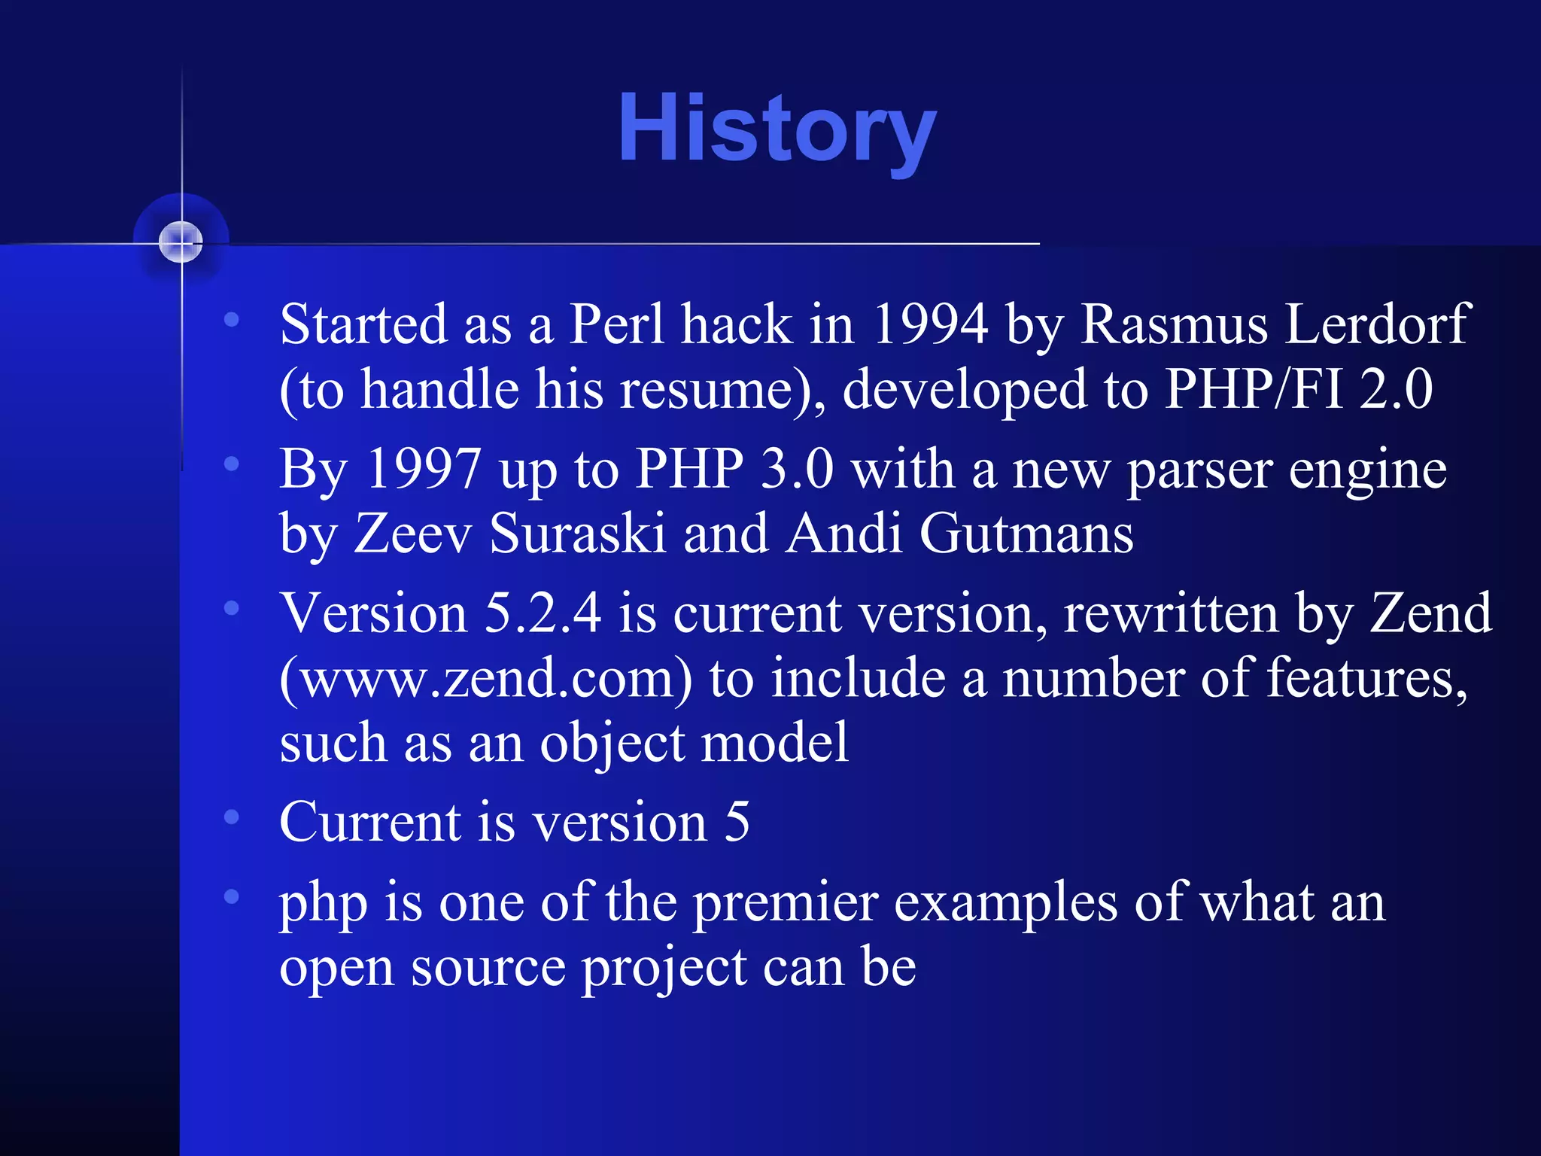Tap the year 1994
click(x=930, y=325)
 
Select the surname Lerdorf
click(x=1376, y=325)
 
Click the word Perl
click(x=617, y=325)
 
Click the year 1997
click(x=423, y=470)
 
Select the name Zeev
click(x=413, y=534)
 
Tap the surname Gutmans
click(x=1026, y=534)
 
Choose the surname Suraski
click(x=578, y=534)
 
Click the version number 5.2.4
click(x=543, y=613)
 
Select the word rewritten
click(x=1171, y=613)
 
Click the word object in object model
click(x=612, y=744)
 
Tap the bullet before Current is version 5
click(x=232, y=817)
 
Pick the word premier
click(x=786, y=903)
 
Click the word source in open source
click(x=488, y=968)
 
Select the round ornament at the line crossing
click(x=181, y=242)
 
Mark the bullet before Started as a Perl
click(x=232, y=320)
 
